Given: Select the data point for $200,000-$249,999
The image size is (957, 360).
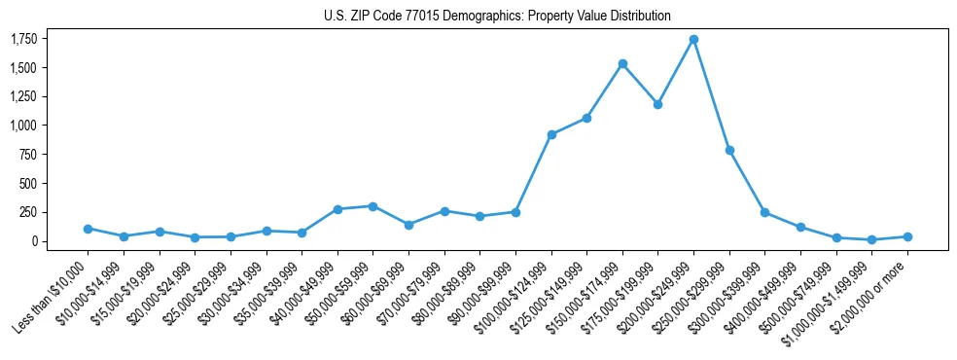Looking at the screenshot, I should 693,40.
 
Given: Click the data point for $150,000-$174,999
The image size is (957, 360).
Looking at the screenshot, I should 622,64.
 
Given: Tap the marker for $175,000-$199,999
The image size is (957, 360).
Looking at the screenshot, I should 657,104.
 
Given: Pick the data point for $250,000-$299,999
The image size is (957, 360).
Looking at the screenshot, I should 729,151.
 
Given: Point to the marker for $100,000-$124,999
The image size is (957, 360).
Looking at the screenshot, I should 551,134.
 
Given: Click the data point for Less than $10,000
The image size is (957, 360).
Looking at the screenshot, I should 88,229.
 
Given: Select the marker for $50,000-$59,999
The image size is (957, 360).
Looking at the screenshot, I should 372,206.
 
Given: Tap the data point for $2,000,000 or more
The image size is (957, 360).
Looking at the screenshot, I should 907,236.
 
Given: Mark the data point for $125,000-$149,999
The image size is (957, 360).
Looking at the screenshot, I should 586,118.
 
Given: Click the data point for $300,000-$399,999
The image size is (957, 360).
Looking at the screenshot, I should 764,212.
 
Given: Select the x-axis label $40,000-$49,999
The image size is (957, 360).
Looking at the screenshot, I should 301,294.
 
